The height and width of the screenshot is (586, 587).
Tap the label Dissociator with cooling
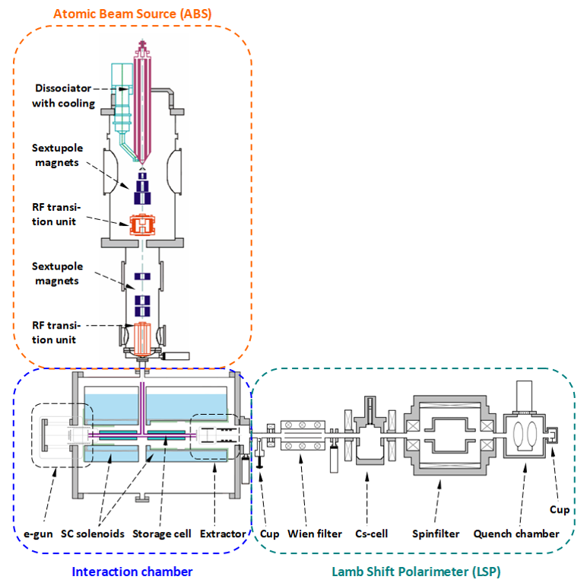(64, 96)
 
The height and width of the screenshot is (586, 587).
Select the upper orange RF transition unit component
(142, 225)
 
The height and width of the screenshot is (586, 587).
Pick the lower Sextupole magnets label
(59, 274)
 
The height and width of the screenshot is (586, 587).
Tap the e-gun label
(36, 533)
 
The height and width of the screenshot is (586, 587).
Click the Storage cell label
(161, 533)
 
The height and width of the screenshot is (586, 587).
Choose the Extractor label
(223, 533)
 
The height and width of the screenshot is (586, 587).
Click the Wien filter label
(316, 533)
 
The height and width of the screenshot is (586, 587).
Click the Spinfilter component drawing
(448, 433)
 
